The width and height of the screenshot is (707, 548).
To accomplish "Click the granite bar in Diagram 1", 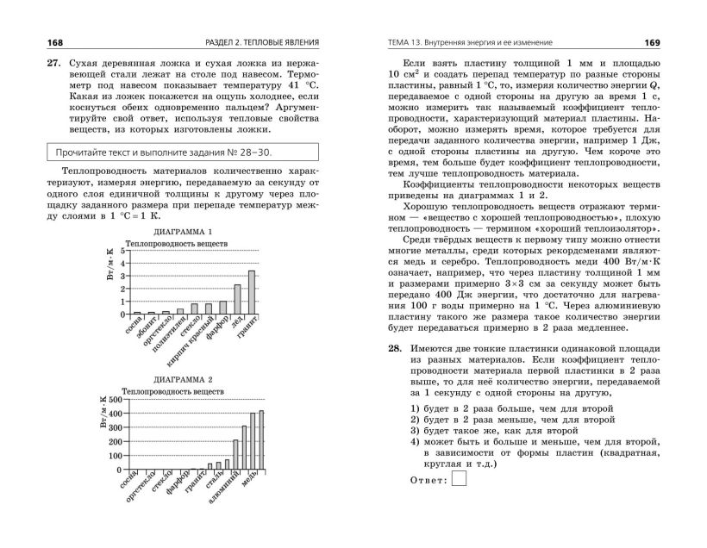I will coord(252,291).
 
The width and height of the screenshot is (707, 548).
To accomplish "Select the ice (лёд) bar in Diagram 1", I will coord(237,298).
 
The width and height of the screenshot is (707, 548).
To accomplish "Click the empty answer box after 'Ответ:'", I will coord(459,479).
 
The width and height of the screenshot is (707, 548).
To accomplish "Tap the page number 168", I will coord(32,43).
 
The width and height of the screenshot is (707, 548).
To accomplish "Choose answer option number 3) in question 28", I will coord(416,428).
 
